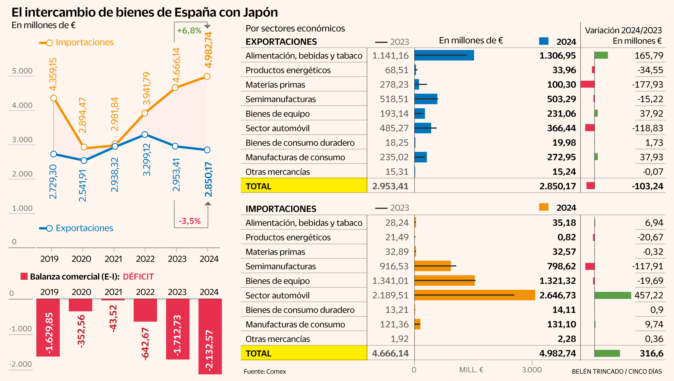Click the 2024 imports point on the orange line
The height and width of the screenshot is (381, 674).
coord(207,76)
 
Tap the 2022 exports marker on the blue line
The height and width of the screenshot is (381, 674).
coord(145,134)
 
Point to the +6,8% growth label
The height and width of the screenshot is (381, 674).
coord(189,31)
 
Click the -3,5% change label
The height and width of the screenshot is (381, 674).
coord(190,221)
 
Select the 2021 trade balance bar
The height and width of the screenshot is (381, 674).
coord(113,300)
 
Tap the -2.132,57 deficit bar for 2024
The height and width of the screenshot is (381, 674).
coord(210,336)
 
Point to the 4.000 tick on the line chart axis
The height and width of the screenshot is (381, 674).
coord(22,105)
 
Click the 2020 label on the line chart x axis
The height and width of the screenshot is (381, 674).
coord(81,259)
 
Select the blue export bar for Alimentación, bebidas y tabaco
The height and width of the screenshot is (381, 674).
coord(444,56)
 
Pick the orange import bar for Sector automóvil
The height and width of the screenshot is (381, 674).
coord(475,295)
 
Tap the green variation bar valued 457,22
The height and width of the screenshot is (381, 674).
coord(612,295)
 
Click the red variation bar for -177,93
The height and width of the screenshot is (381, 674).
coord(588,84)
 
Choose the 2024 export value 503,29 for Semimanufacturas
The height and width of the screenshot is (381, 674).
coord(561,99)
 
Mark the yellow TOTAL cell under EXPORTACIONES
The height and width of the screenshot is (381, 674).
coord(304,186)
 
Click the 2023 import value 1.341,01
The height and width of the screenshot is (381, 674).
coord(390,281)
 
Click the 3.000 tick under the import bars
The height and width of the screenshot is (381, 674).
coord(532,370)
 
